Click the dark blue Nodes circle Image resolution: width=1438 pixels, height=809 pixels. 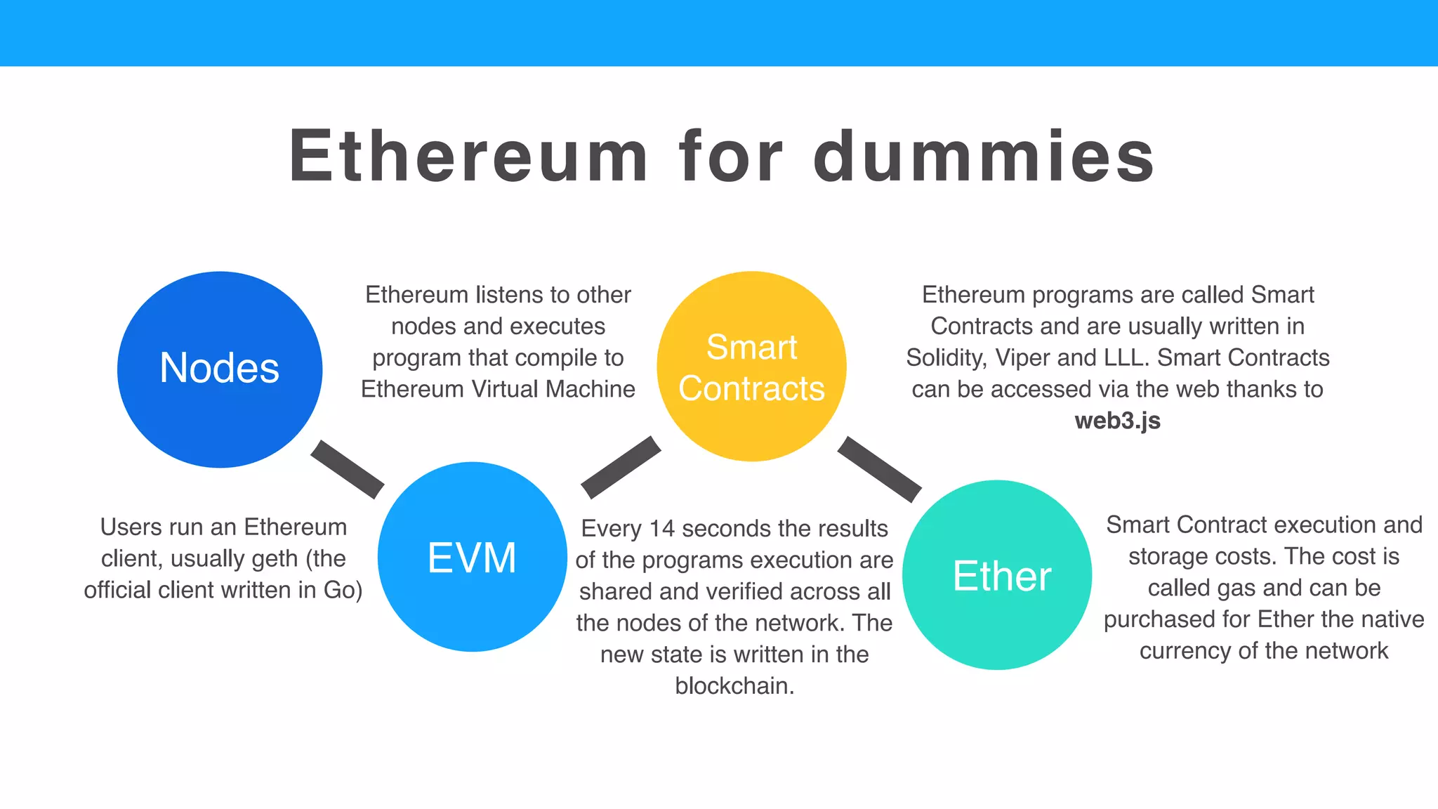tap(220, 369)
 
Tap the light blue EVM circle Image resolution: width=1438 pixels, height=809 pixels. tap(472, 557)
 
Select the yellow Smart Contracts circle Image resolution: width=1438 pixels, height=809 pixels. tap(751, 367)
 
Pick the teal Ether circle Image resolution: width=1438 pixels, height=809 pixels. tap(997, 574)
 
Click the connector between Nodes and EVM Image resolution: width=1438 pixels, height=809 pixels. tap(348, 470)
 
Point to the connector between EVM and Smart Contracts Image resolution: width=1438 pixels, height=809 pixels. tap(621, 467)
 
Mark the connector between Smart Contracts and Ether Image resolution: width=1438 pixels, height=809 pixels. tap(879, 469)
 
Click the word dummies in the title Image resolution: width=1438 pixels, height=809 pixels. tap(984, 157)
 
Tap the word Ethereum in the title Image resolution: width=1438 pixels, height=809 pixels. tap(468, 157)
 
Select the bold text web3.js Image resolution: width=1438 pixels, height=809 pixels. tap(1117, 421)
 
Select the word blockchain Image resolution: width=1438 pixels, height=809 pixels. tap(734, 686)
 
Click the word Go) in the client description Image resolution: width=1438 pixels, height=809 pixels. tap(343, 591)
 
